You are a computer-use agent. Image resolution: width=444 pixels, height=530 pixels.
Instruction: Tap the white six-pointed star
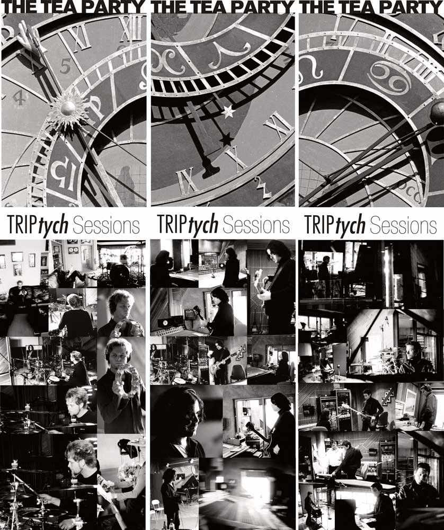point(228,111)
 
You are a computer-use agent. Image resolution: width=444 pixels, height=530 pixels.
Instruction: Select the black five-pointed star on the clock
point(226,139)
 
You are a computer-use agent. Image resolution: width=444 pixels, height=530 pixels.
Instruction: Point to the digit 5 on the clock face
point(65,66)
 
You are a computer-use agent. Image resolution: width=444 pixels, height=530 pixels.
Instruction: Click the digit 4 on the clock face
point(19,98)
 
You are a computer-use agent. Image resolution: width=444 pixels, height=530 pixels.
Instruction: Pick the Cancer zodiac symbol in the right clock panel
point(389,78)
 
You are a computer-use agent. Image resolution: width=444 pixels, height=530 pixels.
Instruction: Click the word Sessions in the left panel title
point(106,225)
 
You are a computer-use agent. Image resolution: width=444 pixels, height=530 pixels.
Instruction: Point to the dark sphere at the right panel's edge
point(437,113)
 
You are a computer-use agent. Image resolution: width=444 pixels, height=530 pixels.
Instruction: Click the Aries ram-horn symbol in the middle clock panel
point(229,54)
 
